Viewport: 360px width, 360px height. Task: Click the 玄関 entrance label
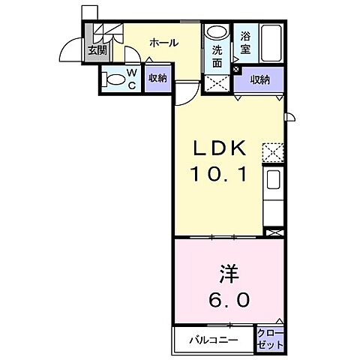[x=97, y=51]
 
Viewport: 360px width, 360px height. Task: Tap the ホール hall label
[x=164, y=43]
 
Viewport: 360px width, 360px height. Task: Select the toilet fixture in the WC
[x=114, y=79]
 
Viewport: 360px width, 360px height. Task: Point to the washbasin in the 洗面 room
[x=217, y=31]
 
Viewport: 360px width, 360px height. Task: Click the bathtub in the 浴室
[x=271, y=43]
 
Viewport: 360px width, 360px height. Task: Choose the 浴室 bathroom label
[x=245, y=43]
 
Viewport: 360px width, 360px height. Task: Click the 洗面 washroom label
[x=217, y=57]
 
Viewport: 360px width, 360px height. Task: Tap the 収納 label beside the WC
[x=157, y=79]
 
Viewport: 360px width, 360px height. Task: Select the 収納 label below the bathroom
[x=260, y=80]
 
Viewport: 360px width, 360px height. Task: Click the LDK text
[x=219, y=148]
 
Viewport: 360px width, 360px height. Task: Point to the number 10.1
[x=219, y=174]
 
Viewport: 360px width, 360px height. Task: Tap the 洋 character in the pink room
[x=229, y=274]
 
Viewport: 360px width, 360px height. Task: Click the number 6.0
[x=229, y=299]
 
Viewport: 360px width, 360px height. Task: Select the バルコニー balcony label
[x=214, y=340]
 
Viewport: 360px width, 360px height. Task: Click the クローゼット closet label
[x=271, y=339]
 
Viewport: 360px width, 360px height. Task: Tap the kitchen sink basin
[x=273, y=179]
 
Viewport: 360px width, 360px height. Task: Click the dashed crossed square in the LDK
[x=272, y=152]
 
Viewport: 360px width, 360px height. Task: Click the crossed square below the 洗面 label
[x=217, y=83]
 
